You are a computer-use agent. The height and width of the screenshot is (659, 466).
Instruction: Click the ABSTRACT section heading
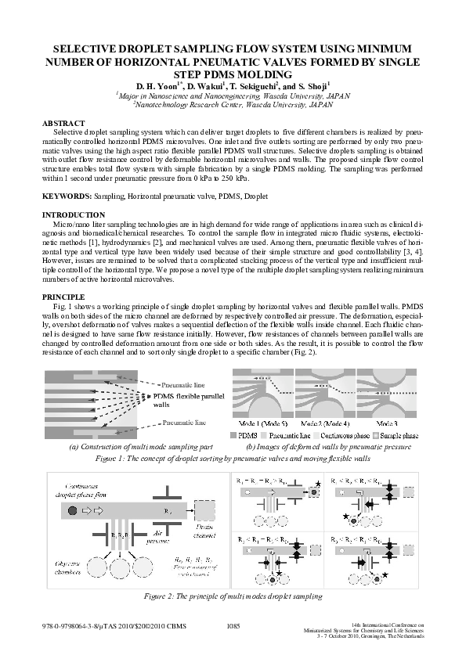point(63,124)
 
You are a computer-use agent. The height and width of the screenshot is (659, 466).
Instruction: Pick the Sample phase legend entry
point(402,433)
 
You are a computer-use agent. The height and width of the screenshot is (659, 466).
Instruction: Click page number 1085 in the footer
point(233,626)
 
